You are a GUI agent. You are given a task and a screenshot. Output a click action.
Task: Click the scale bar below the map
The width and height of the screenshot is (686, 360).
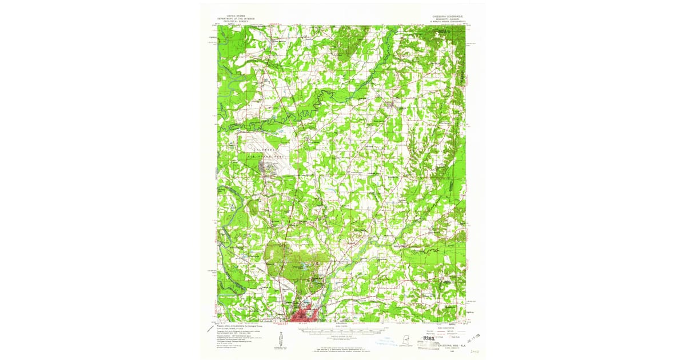(x=342, y=330)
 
